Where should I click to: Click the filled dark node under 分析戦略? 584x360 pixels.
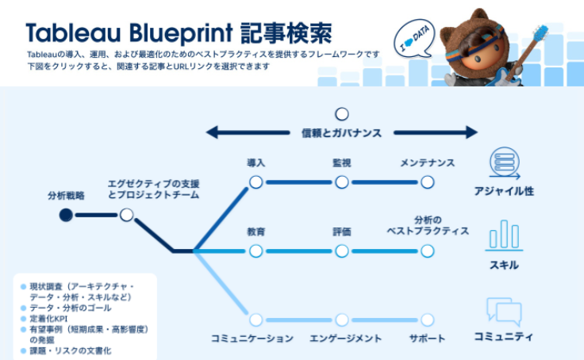(x=66, y=215)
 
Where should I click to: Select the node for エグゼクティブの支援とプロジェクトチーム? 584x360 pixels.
(x=126, y=215)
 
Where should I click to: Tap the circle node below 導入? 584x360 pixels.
(x=255, y=182)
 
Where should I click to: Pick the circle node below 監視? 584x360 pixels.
(x=342, y=182)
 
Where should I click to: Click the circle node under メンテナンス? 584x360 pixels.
(x=428, y=182)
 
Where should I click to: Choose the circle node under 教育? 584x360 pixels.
(x=255, y=251)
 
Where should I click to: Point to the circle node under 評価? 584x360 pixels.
(x=342, y=251)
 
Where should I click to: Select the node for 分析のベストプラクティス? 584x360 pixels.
(x=428, y=251)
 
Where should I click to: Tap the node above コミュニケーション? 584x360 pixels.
(x=255, y=320)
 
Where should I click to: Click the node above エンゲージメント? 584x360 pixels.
(x=342, y=320)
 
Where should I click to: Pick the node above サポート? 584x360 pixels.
(x=428, y=320)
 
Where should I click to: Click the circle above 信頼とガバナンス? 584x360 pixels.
(x=342, y=114)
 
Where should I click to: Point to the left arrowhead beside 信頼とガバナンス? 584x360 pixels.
(x=213, y=132)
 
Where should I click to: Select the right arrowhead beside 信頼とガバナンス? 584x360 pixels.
(x=471, y=132)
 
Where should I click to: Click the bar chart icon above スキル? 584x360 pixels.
(x=504, y=234)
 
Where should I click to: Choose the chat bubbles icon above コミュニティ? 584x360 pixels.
(x=504, y=310)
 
